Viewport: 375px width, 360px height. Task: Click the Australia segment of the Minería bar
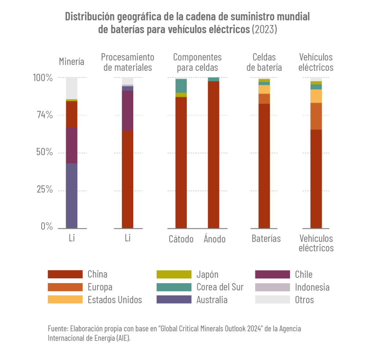pyautogui.click(x=71, y=196)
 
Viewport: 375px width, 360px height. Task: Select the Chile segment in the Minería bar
pyautogui.click(x=71, y=145)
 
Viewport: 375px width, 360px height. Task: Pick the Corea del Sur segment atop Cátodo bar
pyautogui.click(x=181, y=86)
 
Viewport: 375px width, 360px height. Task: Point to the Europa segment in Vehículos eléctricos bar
pyautogui.click(x=316, y=116)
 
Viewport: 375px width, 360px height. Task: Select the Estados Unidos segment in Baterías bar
pyautogui.click(x=264, y=89)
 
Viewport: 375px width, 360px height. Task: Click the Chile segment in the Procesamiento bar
pyautogui.click(x=127, y=111)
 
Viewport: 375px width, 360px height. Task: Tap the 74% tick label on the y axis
pyautogui.click(x=45, y=115)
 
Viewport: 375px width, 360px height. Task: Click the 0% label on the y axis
pyautogui.click(x=47, y=227)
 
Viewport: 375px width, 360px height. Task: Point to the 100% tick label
pyautogui.click(x=44, y=78)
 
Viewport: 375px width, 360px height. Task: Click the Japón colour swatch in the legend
pyautogui.click(x=174, y=274)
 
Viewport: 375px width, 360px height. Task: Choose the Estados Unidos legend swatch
pyautogui.click(x=65, y=300)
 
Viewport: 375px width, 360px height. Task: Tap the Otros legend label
pyautogui.click(x=304, y=300)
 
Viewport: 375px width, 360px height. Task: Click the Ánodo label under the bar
pyautogui.click(x=215, y=240)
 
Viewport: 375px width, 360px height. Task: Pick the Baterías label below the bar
pyautogui.click(x=266, y=239)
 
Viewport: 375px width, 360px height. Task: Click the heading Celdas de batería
pyautogui.click(x=264, y=62)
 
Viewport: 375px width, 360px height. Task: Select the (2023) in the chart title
pyautogui.click(x=264, y=30)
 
